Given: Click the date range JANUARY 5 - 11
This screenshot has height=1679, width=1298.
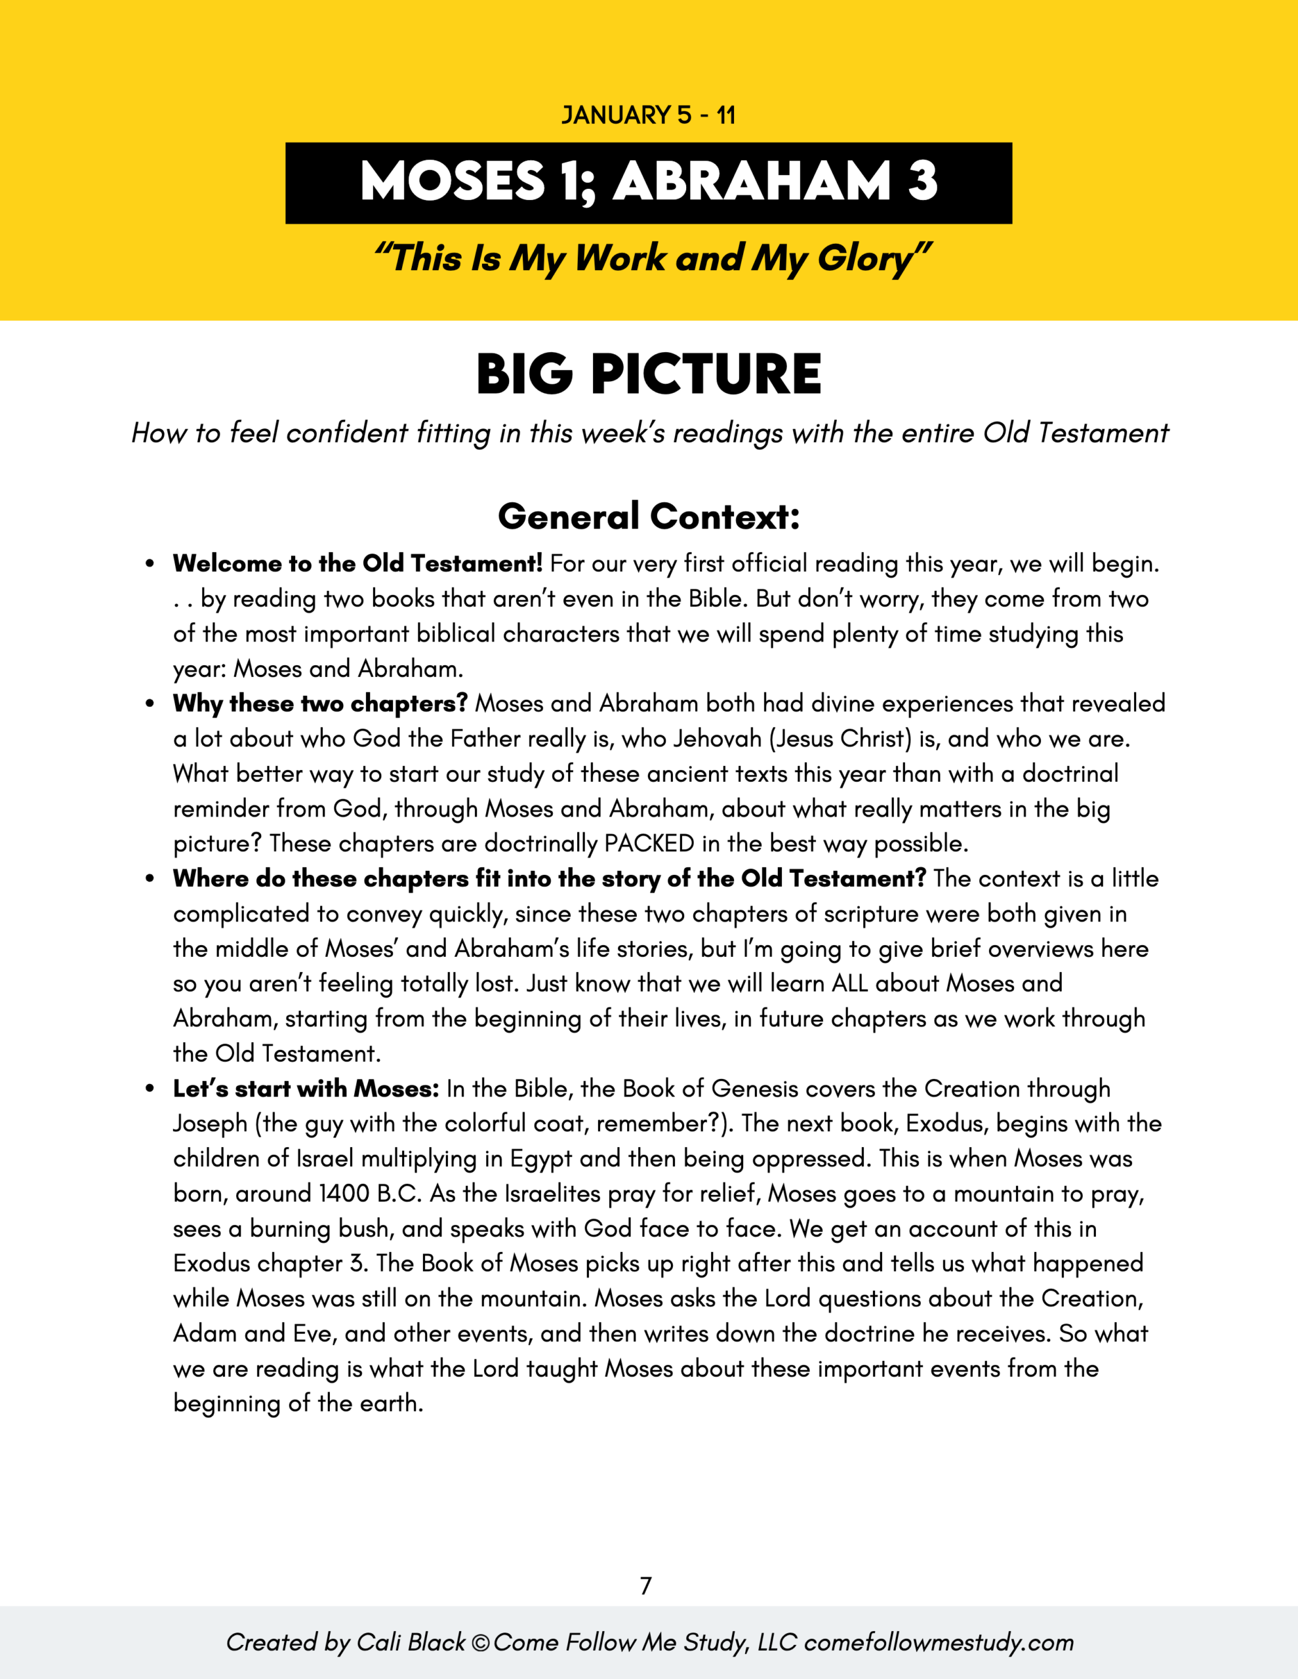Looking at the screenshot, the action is click(x=648, y=115).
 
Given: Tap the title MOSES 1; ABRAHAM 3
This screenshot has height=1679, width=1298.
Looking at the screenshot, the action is click(x=648, y=182).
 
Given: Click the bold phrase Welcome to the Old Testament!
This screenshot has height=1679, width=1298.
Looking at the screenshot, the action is click(x=357, y=563).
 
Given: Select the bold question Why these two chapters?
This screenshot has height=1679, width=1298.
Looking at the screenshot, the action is click(x=320, y=704).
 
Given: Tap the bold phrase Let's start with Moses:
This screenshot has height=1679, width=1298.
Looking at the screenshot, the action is click(x=306, y=1089).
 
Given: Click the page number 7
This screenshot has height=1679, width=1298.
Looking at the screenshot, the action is click(x=646, y=1585).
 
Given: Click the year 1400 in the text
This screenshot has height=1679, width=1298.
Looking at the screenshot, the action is click(x=344, y=1194).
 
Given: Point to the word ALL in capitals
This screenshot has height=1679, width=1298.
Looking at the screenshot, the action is click(x=849, y=983).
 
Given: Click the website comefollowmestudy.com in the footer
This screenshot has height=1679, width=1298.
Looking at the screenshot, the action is click(x=938, y=1642).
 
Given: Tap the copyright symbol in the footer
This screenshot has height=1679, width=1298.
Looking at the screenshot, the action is click(x=481, y=1643).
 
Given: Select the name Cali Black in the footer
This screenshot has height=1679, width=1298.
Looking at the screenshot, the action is click(x=411, y=1642).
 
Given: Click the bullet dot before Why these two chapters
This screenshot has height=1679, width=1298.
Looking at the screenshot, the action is click(x=150, y=704).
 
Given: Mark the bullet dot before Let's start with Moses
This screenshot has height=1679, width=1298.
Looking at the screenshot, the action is click(x=150, y=1089).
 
